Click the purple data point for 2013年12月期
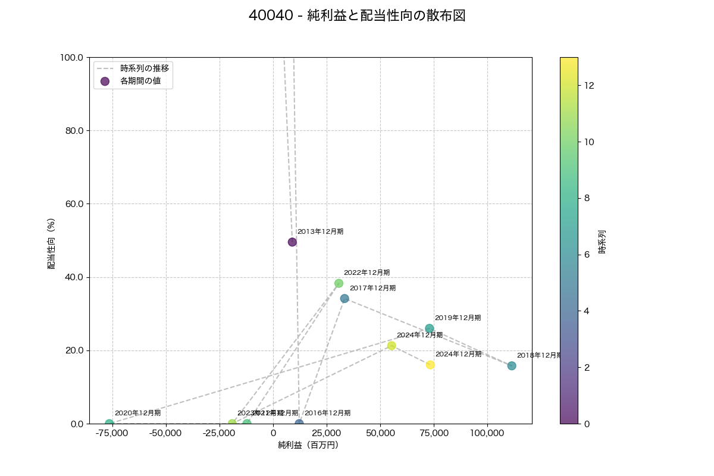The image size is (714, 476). click(x=292, y=242)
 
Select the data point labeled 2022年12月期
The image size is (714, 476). click(x=339, y=283)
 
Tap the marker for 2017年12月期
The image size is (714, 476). click(x=345, y=299)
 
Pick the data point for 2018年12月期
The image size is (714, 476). click(x=512, y=366)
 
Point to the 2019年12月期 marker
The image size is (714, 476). click(x=430, y=328)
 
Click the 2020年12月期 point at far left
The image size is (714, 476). click(x=109, y=424)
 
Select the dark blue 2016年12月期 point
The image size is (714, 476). click(x=299, y=424)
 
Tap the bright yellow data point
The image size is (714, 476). click(x=430, y=365)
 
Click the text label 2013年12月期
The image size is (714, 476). click(x=320, y=231)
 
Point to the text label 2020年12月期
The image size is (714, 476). click(x=137, y=413)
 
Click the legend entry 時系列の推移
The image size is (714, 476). click(x=145, y=68)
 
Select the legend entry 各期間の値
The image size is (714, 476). click(x=140, y=81)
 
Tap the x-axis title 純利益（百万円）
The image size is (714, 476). click(x=308, y=445)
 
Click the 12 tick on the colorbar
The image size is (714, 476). click(x=589, y=85)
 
